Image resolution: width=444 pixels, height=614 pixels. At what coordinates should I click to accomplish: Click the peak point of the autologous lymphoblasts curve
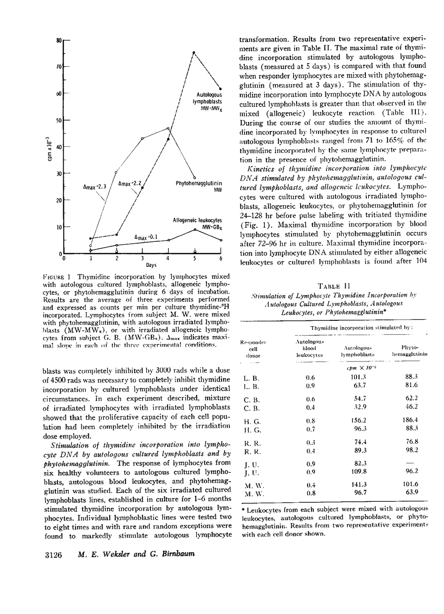click(194, 52)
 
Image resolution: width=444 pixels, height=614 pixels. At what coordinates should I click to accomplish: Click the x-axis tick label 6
click(221, 259)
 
